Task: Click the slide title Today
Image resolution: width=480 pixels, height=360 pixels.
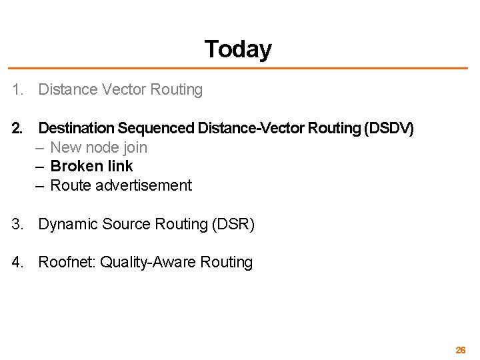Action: click(x=238, y=49)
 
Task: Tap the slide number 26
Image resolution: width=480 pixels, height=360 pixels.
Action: click(x=460, y=350)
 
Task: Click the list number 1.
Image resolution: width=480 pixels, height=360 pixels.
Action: click(x=17, y=90)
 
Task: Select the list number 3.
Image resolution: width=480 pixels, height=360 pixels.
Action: click(x=17, y=225)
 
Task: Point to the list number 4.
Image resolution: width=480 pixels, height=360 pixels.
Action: click(x=17, y=263)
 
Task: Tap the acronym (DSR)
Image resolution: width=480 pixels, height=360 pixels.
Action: click(x=233, y=225)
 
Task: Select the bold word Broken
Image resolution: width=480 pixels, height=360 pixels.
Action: click(x=73, y=166)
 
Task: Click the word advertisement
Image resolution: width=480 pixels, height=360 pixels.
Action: click(x=143, y=185)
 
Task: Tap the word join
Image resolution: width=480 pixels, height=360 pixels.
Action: click(x=135, y=147)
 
